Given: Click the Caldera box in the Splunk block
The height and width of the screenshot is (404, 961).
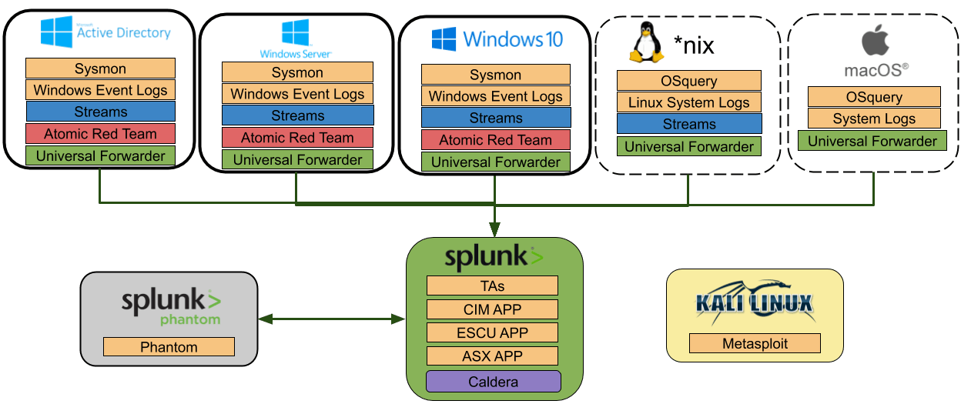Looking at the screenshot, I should pos(494,382).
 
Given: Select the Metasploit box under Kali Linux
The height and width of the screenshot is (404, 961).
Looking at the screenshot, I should pos(755,343).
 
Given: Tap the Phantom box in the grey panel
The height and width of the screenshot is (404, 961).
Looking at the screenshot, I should pos(169,347).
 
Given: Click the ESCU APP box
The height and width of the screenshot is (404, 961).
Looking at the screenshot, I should pos(492,333).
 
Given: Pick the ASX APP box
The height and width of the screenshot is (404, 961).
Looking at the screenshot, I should pos(492,356).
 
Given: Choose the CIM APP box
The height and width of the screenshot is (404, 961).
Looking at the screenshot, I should pos(492,309).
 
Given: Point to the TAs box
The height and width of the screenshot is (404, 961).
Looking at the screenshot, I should pos(492,286).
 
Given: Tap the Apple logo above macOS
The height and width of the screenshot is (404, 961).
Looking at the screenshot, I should pos(875,39).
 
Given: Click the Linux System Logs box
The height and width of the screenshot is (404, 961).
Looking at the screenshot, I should pos(689,102).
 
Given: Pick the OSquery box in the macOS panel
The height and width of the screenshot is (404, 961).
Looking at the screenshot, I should pos(874,97).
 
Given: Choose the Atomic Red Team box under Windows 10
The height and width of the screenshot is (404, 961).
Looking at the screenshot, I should pos(495,140).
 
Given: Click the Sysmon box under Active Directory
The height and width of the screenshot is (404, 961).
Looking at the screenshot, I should pos(100,68).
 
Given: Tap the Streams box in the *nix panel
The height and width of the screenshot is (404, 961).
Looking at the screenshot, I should pos(689,124).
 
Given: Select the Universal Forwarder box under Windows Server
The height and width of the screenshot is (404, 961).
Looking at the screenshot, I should pos(297,160).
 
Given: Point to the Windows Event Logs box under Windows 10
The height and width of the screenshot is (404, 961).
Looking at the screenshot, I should pos(495,96).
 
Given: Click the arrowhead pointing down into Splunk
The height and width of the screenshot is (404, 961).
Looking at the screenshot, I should pos(494,229).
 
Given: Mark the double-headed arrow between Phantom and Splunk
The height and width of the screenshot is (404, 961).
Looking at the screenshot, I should pos(332,318).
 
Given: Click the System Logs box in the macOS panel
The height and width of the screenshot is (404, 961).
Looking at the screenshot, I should pos(874,119).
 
